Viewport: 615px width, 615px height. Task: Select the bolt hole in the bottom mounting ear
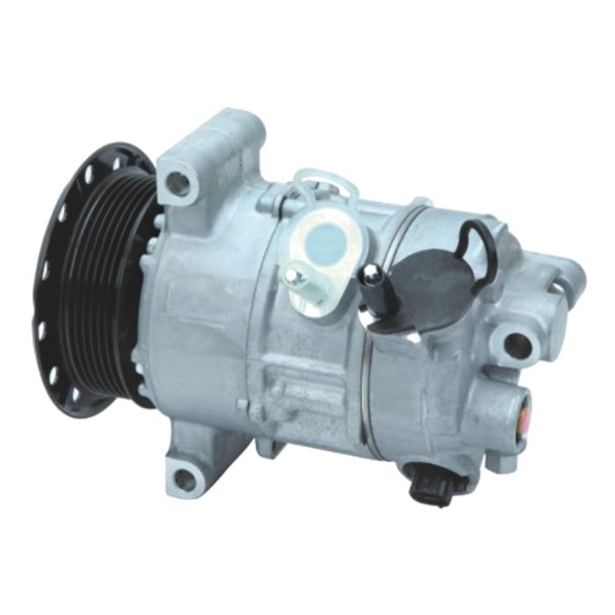(182, 478)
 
